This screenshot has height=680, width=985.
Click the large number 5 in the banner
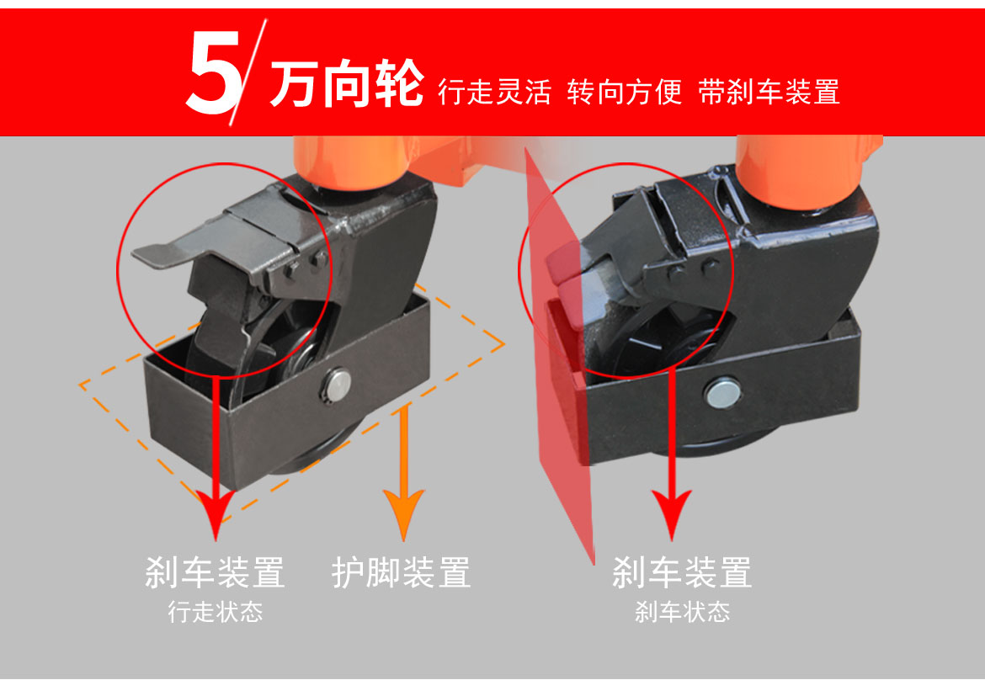click(x=214, y=72)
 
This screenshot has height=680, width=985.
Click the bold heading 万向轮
click(x=347, y=83)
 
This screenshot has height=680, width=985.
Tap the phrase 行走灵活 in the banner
click(x=494, y=93)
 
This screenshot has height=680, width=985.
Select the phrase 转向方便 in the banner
click(x=625, y=93)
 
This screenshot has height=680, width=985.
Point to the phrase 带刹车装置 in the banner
click(x=769, y=93)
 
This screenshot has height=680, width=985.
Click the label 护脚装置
click(x=402, y=572)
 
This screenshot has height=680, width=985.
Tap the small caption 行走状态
click(x=216, y=612)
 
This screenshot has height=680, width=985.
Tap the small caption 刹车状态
click(x=682, y=612)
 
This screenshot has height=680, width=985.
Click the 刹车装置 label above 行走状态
click(x=215, y=572)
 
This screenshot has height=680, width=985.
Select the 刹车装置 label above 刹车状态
click(x=682, y=572)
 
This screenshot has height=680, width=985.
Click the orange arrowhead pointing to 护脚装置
click(x=404, y=515)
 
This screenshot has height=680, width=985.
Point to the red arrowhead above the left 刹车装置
click(x=216, y=515)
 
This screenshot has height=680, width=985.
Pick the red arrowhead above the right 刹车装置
click(x=672, y=515)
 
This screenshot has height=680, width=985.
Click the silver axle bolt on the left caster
click(x=338, y=385)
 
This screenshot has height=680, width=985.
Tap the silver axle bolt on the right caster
click(x=723, y=392)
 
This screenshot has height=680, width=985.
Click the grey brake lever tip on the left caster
click(x=151, y=255)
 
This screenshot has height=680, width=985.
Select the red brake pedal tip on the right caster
click(x=562, y=263)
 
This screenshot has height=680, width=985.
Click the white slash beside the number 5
click(x=248, y=72)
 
